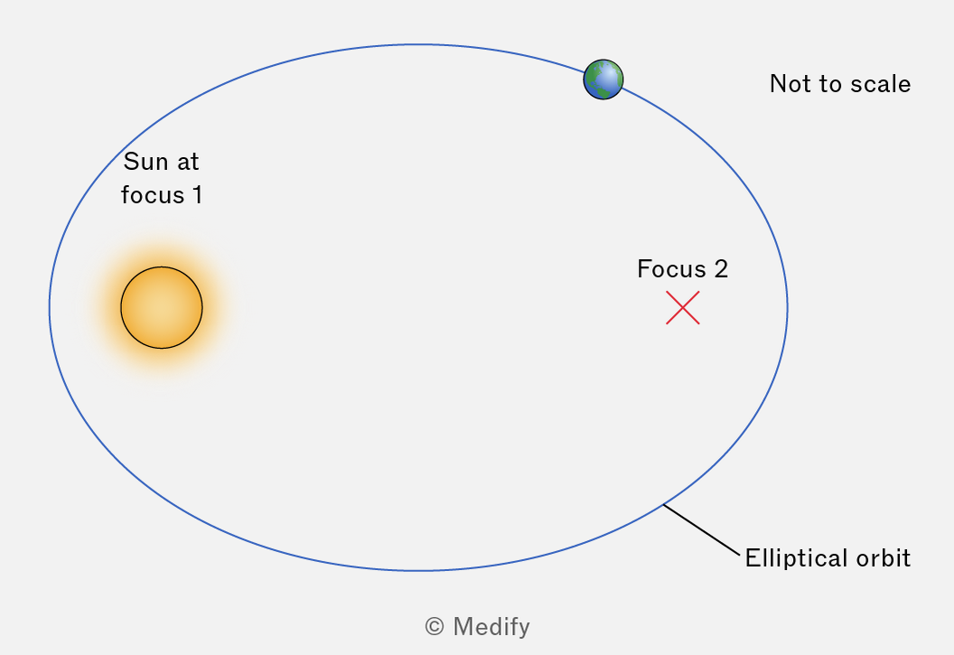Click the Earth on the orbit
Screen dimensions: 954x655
point(603,80)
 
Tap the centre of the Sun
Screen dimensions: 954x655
point(161,308)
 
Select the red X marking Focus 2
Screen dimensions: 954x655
point(683,308)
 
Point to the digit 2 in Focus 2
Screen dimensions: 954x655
point(721,269)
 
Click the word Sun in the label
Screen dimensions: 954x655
point(145,162)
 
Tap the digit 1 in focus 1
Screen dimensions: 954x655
point(197,195)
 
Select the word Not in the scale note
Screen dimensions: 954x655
point(789,84)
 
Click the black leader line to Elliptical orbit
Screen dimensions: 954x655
point(702,529)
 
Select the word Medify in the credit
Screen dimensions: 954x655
point(491,627)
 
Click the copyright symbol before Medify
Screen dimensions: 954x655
point(435,626)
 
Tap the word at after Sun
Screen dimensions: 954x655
point(188,162)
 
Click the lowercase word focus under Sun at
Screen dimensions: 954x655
point(152,195)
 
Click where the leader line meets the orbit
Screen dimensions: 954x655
point(663,504)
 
